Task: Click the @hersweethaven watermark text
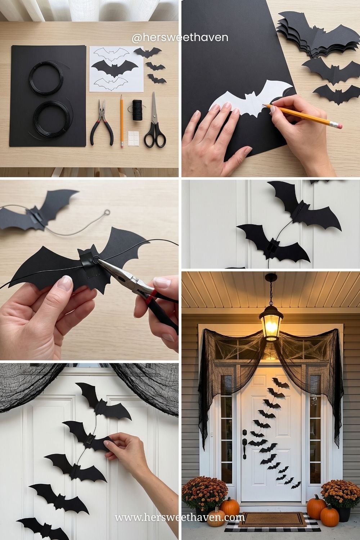[x=180, y=37]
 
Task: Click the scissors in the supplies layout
[x=154, y=121]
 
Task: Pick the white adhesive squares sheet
[x=135, y=138]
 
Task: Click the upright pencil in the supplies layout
[x=122, y=121]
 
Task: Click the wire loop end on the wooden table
[x=107, y=212]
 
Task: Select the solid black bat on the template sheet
[x=115, y=68]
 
